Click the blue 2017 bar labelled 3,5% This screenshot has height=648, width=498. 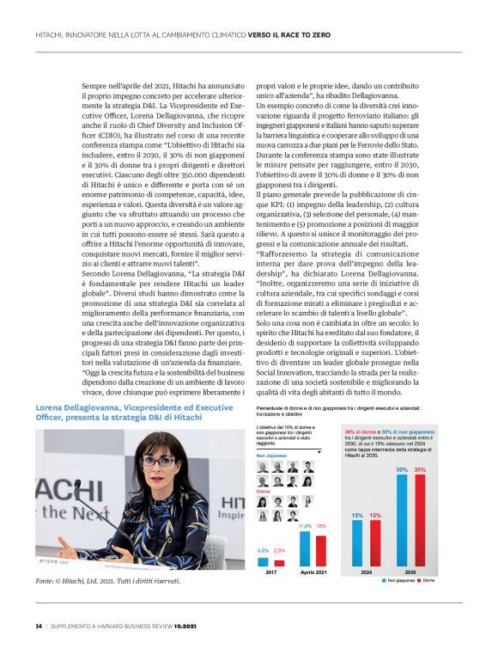tap(264, 561)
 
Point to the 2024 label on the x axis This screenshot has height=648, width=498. tap(366, 572)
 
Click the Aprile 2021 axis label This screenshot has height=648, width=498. tap(311, 572)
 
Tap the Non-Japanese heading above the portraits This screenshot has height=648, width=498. tap(271, 455)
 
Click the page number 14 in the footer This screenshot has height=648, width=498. tap(38, 625)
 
